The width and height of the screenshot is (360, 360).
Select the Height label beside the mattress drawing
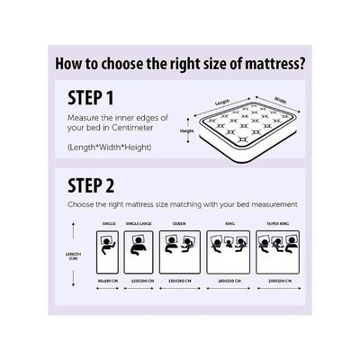(x=186, y=130)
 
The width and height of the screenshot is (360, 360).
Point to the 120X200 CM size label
(x=139, y=280)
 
